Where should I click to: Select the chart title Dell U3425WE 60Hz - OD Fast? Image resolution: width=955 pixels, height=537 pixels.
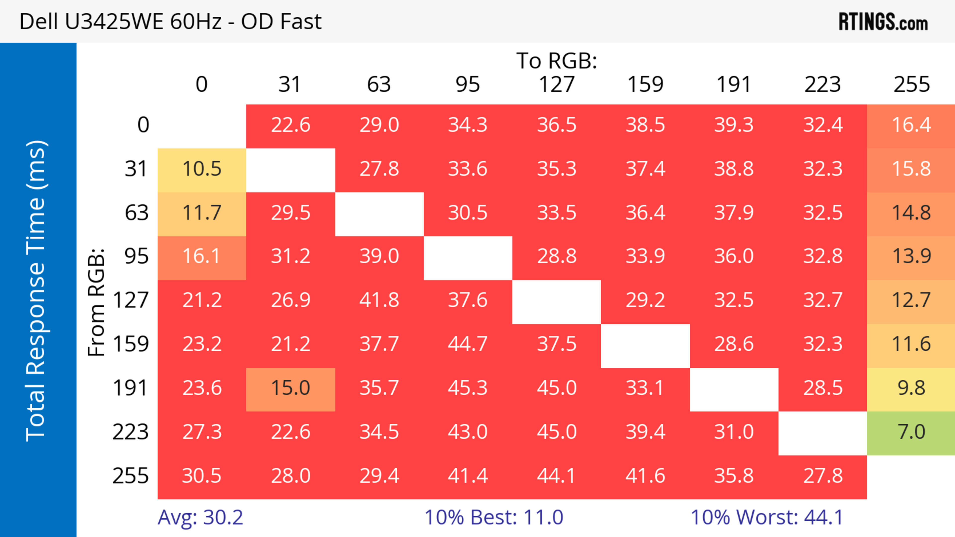pyautogui.click(x=171, y=21)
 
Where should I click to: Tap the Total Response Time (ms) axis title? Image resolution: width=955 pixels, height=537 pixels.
pyautogui.click(x=36, y=291)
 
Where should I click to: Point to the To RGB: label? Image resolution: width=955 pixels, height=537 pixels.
pyautogui.click(x=557, y=61)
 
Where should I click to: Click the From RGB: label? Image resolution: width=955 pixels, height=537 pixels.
pyautogui.click(x=96, y=302)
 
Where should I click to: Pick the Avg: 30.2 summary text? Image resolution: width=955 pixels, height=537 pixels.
pyautogui.click(x=200, y=517)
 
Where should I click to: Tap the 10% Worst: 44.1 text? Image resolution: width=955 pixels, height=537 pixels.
pyautogui.click(x=767, y=517)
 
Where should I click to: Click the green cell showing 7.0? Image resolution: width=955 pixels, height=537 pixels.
pyautogui.click(x=911, y=432)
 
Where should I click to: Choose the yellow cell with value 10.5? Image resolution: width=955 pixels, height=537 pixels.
pyautogui.click(x=202, y=169)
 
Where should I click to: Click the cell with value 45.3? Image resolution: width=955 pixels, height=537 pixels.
pyautogui.click(x=468, y=388)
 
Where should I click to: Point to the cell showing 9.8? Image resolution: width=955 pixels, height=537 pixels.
pyautogui.click(x=911, y=388)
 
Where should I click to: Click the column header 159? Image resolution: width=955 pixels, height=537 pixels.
pyautogui.click(x=645, y=84)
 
